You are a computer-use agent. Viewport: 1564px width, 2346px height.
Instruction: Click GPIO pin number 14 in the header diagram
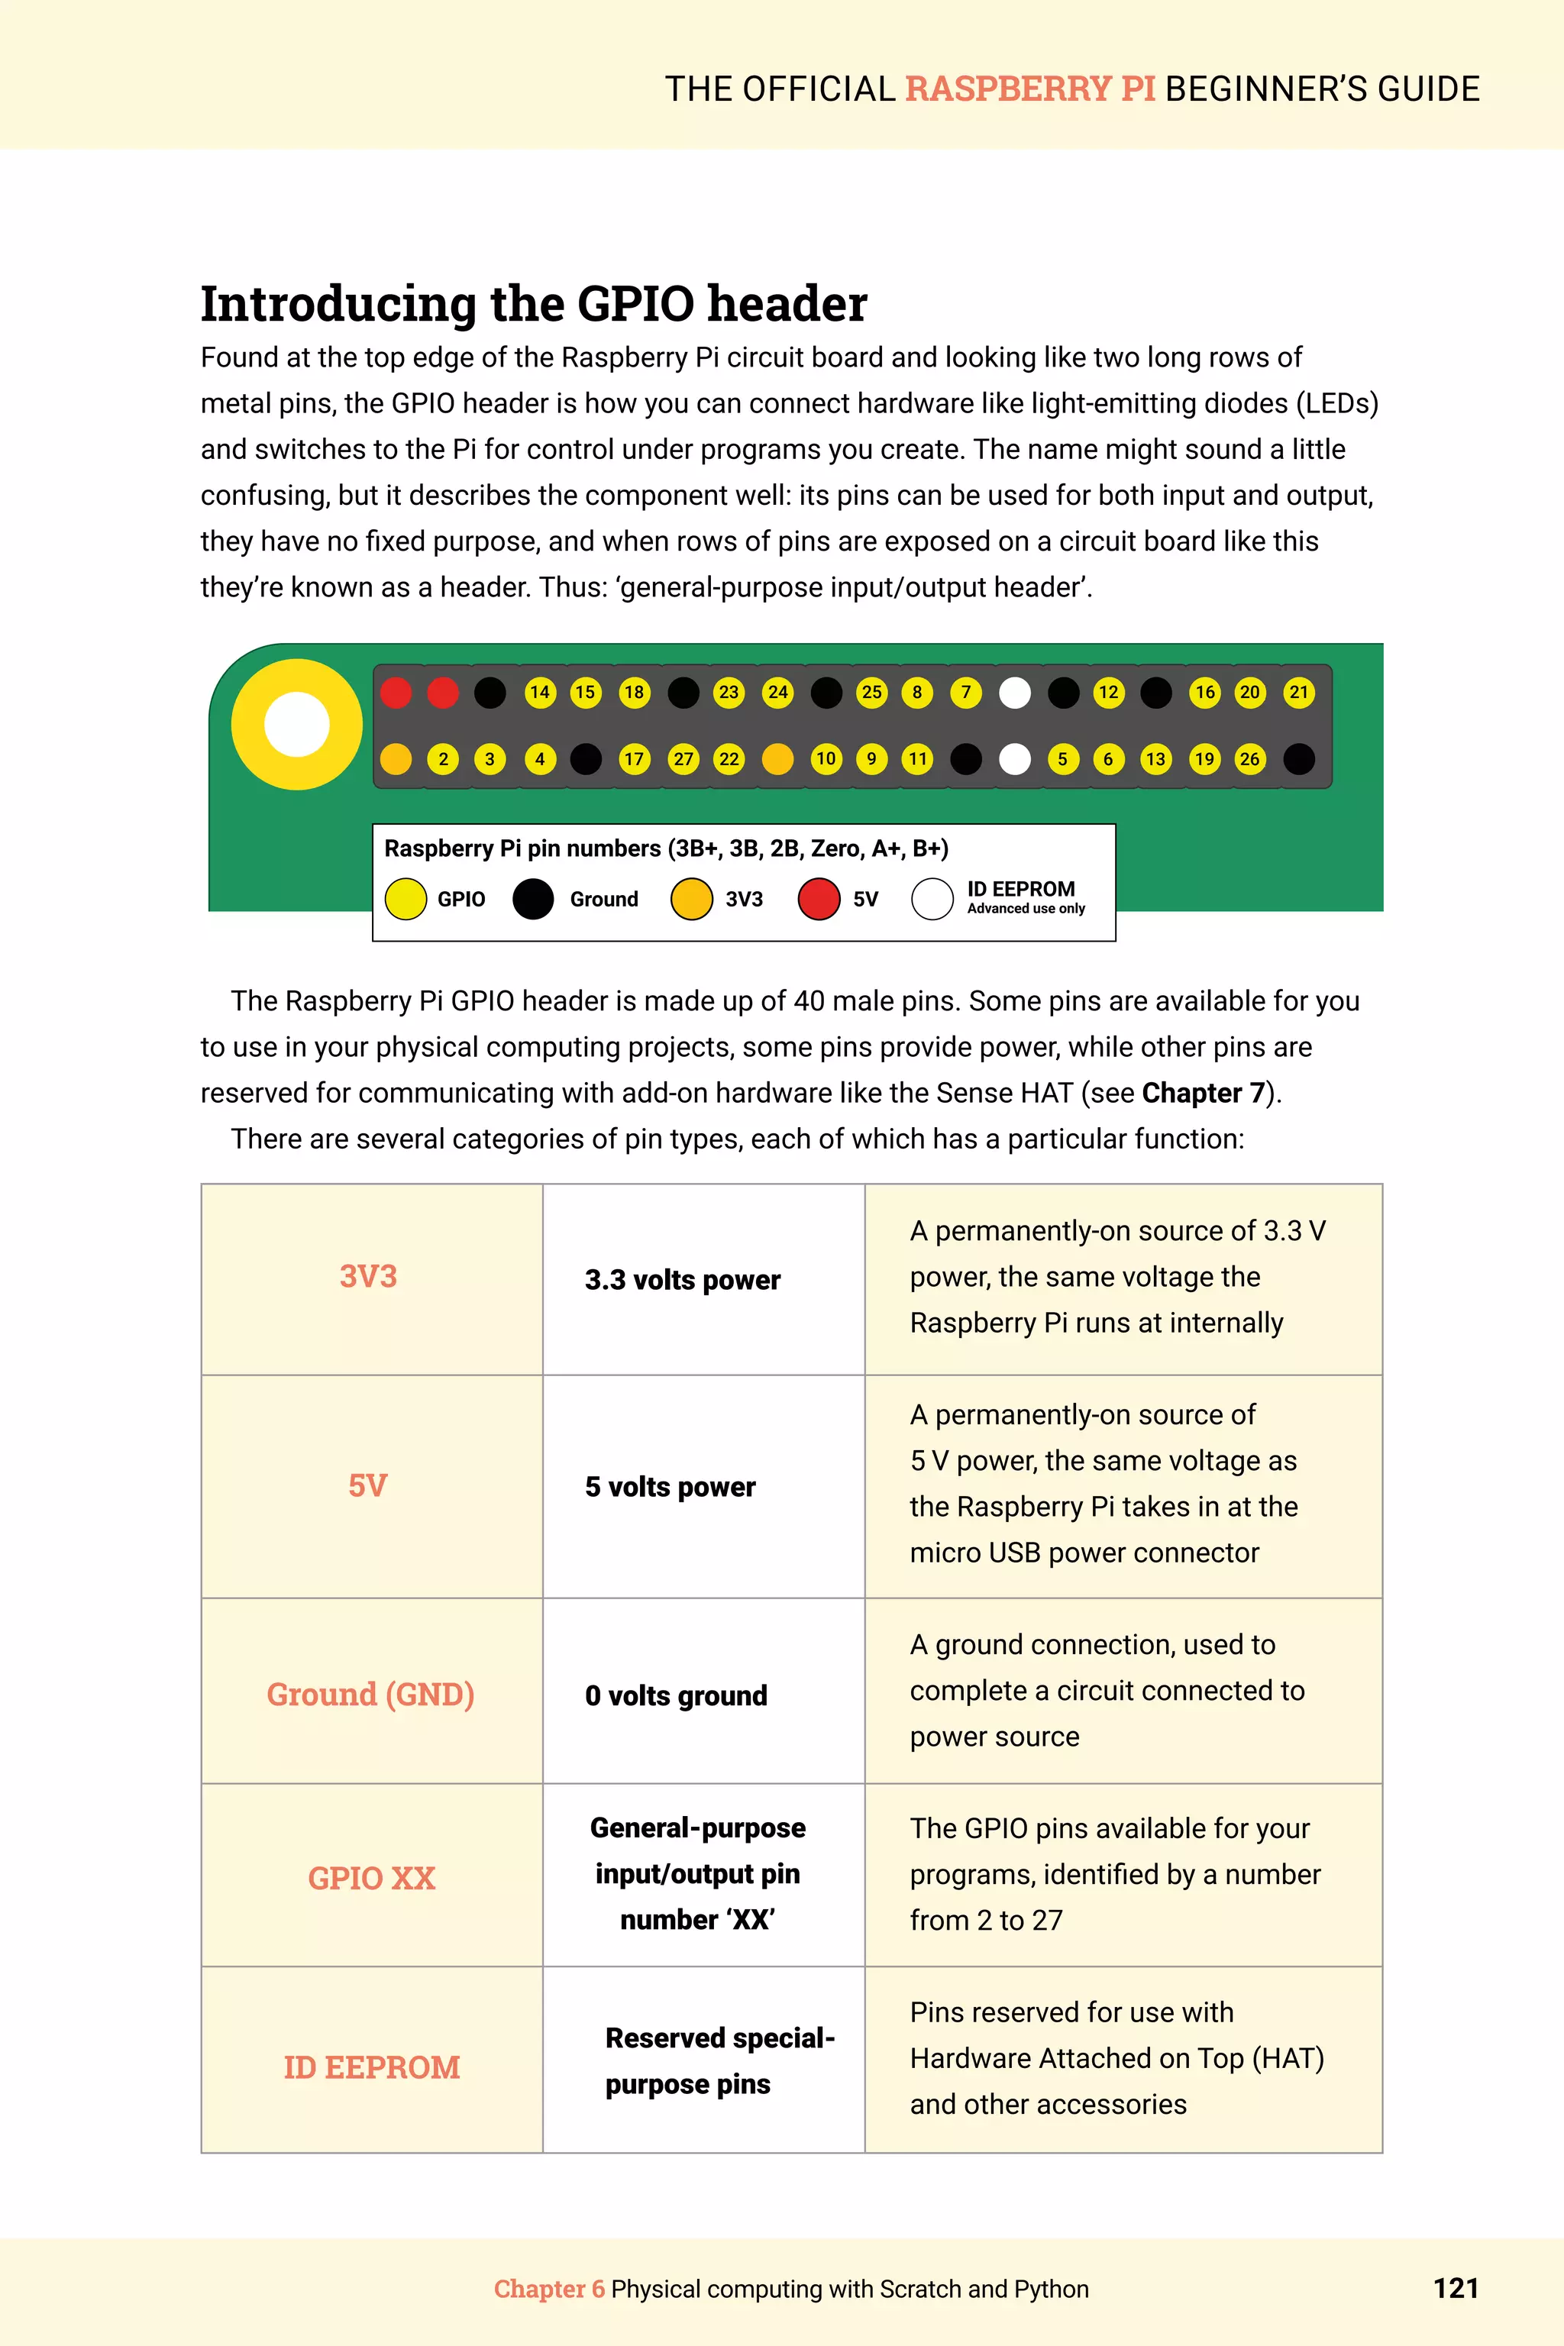coord(540,692)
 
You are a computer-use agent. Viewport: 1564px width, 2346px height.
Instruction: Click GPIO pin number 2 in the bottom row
coord(443,759)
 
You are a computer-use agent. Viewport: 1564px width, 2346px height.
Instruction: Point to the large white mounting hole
coord(296,724)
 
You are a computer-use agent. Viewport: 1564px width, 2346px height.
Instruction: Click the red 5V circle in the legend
coord(819,899)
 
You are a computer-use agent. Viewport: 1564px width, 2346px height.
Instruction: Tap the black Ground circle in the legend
coord(532,899)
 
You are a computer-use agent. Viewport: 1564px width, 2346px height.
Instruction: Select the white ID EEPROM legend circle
coord(932,899)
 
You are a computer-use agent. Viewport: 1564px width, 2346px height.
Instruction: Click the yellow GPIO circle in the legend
coord(406,899)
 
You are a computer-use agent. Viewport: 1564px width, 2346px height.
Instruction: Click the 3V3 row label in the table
coord(368,1277)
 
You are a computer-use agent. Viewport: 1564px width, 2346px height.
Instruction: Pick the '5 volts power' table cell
coord(671,1487)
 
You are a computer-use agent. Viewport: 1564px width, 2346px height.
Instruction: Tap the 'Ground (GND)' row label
coord(370,1695)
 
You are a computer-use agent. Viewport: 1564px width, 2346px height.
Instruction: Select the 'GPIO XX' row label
coord(371,1878)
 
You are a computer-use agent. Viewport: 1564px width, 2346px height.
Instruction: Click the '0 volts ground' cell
coord(677,1695)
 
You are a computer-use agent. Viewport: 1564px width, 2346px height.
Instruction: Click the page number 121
coord(1456,2288)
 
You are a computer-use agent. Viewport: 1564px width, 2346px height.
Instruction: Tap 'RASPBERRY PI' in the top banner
coord(1030,89)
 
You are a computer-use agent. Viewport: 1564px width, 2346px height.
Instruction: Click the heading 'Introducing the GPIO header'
coord(534,303)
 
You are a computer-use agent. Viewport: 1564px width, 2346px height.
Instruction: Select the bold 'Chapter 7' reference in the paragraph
coord(1203,1094)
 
